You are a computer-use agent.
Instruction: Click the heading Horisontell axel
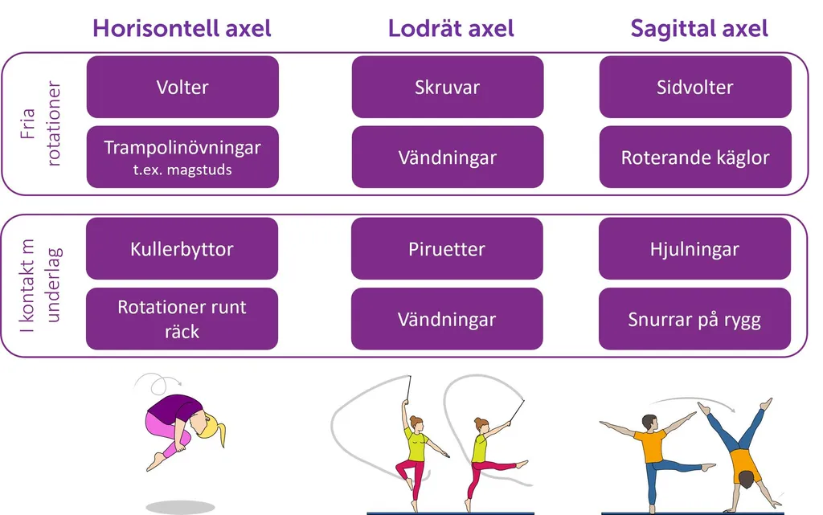(182, 28)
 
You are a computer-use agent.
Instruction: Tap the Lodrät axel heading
(451, 28)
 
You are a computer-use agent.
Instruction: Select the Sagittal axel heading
(699, 28)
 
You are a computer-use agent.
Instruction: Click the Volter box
(182, 87)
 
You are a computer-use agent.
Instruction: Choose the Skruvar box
(448, 87)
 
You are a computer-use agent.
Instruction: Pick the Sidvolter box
(695, 87)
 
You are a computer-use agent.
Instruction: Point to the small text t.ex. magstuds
(182, 170)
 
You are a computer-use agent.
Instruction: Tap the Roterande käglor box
(695, 157)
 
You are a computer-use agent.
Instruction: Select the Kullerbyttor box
(182, 248)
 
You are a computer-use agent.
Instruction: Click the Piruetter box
(447, 248)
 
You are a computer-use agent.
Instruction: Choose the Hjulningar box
(695, 248)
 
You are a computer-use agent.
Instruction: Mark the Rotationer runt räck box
(182, 319)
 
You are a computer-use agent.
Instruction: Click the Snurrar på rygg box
(695, 319)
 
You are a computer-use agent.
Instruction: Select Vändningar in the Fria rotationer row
(448, 157)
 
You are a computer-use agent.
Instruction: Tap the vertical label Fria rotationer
(40, 124)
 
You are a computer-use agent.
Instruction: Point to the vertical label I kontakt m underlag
(40, 286)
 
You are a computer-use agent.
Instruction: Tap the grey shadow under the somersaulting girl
(180, 507)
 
